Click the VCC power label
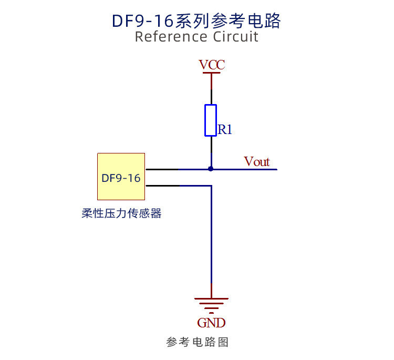(212, 65)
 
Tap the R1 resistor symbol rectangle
(211, 120)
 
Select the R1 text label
(225, 130)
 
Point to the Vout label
(257, 162)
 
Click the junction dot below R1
(211, 169)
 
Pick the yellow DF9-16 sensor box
(121, 177)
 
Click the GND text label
(211, 323)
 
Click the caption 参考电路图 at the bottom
(198, 342)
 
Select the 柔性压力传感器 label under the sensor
(121, 213)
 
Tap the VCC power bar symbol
(211, 74)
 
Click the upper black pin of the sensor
(161, 169)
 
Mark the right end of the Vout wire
(275, 169)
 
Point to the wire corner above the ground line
(211, 186)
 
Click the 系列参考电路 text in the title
(229, 20)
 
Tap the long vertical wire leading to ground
(211, 236)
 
